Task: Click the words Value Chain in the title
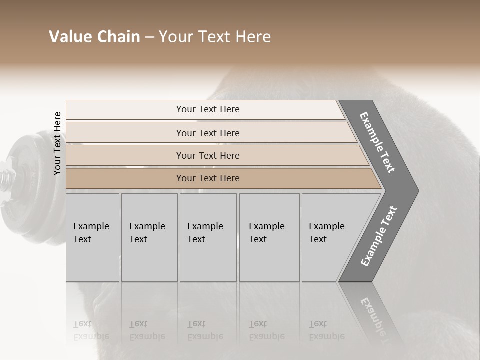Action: pos(94,37)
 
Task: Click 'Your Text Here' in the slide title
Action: pos(215,37)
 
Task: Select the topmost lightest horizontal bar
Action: pos(207,109)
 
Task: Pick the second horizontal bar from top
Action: pos(207,133)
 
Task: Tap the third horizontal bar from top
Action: pos(207,155)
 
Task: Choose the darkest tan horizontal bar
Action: pos(207,178)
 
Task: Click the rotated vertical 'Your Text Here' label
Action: pos(57,143)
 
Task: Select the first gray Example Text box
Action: pos(92,237)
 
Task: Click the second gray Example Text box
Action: pos(149,237)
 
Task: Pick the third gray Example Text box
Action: pos(207,237)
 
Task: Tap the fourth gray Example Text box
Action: pos(269,237)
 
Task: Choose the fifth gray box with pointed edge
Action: pos(330,237)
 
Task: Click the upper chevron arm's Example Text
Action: pos(378,142)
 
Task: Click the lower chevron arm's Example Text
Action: pos(379,236)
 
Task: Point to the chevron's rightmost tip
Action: pos(417,191)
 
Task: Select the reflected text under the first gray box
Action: pos(91,330)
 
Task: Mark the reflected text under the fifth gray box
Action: pos(326,330)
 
